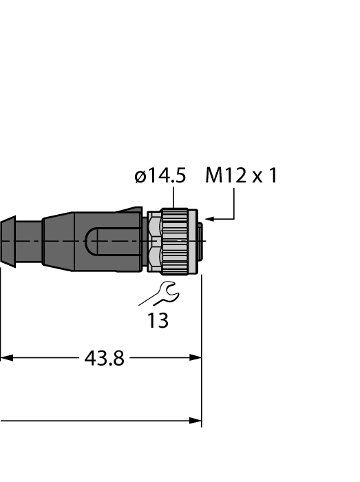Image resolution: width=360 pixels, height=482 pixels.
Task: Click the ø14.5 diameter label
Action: (160, 176)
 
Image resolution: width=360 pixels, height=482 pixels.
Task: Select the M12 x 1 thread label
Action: (241, 176)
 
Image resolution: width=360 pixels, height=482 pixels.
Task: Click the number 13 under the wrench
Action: (158, 321)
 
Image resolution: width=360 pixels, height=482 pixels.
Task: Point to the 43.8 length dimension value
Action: (104, 359)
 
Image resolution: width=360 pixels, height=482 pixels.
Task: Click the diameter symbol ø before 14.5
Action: (140, 177)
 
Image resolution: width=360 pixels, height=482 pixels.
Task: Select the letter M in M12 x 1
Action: (214, 176)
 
